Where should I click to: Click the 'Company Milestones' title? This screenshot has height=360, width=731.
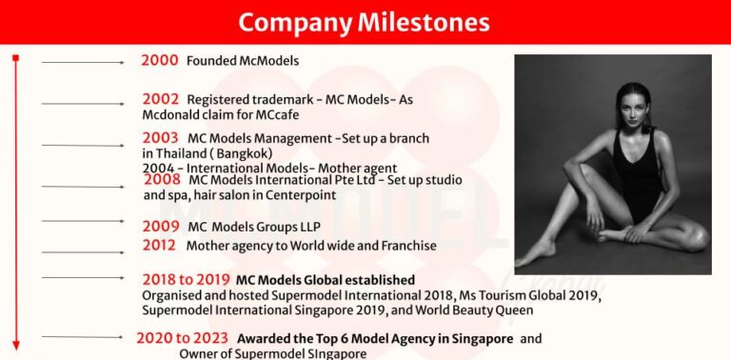pyautogui.click(x=365, y=22)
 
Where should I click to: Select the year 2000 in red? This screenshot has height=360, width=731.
pyautogui.click(x=160, y=60)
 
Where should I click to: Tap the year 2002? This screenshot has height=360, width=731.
pyautogui.click(x=161, y=98)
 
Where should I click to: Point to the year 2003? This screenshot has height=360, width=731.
pyautogui.click(x=161, y=137)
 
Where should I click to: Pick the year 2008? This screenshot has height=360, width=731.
pyautogui.click(x=163, y=178)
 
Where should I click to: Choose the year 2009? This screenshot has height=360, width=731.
pyautogui.click(x=161, y=226)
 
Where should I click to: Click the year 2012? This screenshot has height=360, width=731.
pyautogui.click(x=159, y=245)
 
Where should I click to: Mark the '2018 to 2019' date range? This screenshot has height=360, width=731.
pyautogui.click(x=186, y=279)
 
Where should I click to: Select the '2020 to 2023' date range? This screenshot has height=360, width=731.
pyautogui.click(x=182, y=337)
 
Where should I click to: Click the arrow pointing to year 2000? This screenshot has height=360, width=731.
pyautogui.click(x=83, y=63)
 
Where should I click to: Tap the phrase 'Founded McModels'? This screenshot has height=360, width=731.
pyautogui.click(x=243, y=61)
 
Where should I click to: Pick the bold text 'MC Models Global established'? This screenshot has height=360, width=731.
pyautogui.click(x=326, y=280)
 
